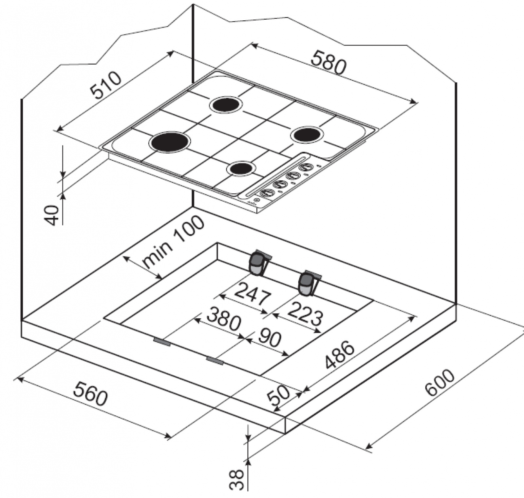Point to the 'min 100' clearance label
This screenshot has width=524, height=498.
point(173,241)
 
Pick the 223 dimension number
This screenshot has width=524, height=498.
point(305,314)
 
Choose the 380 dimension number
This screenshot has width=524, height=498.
point(224,318)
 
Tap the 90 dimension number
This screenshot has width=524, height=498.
point(269,339)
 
